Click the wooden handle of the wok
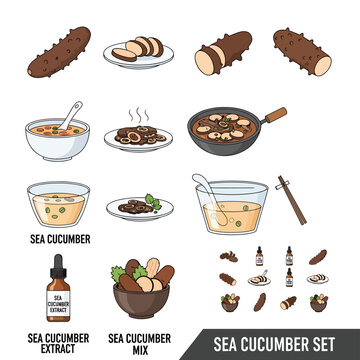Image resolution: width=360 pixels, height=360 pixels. [276, 115]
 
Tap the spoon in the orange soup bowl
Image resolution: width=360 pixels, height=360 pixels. [71, 115]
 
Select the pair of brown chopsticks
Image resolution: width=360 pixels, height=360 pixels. [291, 200]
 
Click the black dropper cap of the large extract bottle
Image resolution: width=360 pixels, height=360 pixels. [58, 266]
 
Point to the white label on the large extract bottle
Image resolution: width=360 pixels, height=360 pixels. [58, 303]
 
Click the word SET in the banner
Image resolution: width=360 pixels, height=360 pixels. [321, 344]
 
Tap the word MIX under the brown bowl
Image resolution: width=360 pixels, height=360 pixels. [140, 350]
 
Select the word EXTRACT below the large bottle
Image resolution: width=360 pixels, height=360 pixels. [58, 349]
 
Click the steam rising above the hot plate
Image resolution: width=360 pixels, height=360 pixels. [138, 115]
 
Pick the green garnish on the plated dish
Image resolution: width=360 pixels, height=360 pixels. [153, 202]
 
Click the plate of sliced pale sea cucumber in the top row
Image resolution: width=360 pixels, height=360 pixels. [138, 52]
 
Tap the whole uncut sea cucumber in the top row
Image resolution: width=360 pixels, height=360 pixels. [59, 52]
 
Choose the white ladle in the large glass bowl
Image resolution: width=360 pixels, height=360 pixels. [211, 197]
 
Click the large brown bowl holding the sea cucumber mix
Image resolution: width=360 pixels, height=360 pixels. [141, 301]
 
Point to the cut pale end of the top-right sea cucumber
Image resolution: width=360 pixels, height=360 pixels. [323, 66]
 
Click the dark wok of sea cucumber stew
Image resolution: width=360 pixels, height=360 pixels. [224, 131]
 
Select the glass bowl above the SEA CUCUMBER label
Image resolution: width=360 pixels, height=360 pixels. [58, 205]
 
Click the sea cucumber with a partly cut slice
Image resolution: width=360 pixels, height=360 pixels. [223, 53]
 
